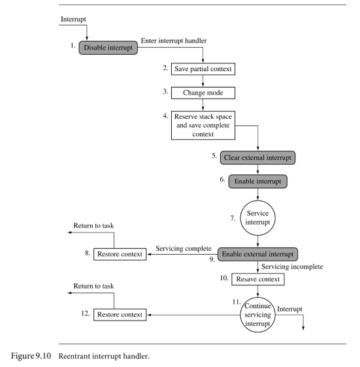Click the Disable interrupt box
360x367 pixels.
tap(108, 48)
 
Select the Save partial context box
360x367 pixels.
tap(203, 69)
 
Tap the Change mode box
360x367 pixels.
tap(203, 93)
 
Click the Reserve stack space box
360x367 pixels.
tap(203, 125)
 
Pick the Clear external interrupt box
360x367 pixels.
tap(257, 158)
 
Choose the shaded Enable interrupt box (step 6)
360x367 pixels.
tap(258, 182)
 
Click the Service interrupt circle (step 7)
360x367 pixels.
tap(257, 218)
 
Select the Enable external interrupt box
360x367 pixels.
tap(257, 254)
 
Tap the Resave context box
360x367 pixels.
tap(258, 279)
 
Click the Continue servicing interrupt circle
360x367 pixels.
tap(257, 315)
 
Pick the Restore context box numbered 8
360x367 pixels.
tap(120, 254)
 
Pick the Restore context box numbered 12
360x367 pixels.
tap(120, 315)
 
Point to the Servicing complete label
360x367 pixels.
tap(184, 248)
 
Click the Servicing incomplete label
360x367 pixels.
tap(292, 266)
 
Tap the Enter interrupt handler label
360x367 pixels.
tap(174, 40)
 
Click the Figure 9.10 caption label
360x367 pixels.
tap(80, 356)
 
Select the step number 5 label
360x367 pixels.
tap(214, 155)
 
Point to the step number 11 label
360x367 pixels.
tap(237, 302)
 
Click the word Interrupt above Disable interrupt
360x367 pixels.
tap(73, 19)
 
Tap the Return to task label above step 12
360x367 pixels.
tap(93, 286)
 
